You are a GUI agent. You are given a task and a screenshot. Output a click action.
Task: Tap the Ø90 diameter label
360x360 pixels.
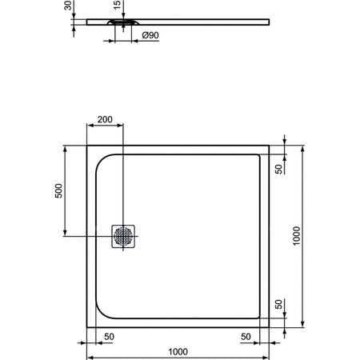click(150, 35)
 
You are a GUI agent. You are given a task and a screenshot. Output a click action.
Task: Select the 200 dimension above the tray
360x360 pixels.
click(104, 119)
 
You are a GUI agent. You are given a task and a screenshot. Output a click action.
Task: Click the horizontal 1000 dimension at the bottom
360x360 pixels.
click(178, 350)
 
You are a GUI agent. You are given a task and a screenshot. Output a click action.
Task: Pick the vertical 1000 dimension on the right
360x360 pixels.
click(296, 237)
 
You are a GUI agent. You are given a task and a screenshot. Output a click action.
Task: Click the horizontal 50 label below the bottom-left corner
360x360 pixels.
click(108, 336)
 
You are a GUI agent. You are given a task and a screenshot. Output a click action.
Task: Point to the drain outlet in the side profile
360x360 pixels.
click(120, 24)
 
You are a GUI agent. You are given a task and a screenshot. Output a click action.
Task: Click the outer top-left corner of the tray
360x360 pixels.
click(86, 146)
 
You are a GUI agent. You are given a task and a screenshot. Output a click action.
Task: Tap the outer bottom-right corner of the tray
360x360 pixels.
click(270, 328)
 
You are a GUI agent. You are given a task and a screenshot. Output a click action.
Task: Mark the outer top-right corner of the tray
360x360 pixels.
click(270, 146)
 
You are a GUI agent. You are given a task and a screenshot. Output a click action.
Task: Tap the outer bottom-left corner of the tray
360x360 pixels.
click(86, 328)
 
